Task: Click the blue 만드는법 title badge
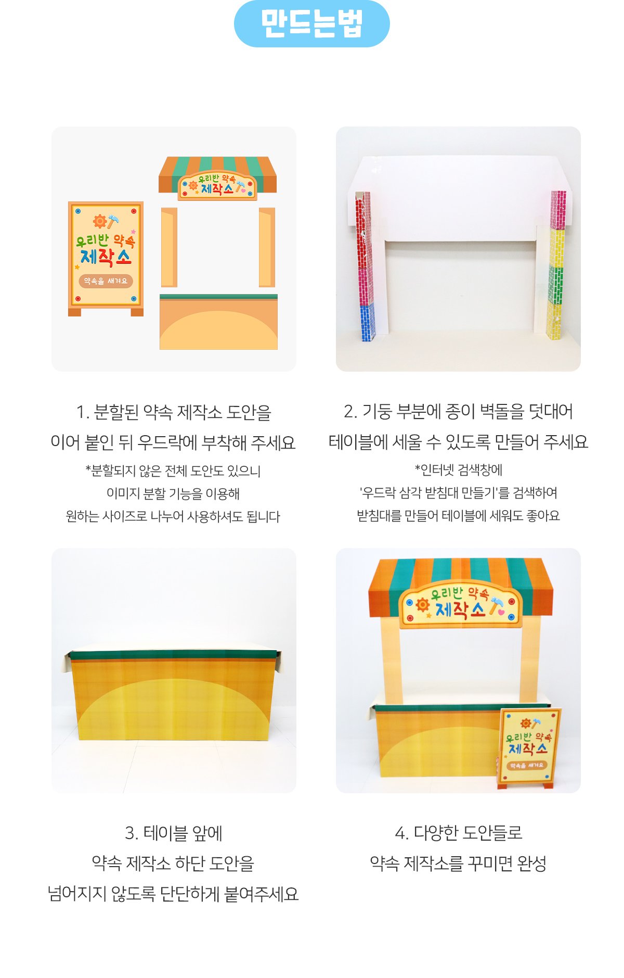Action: click(x=311, y=23)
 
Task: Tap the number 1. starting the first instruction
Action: click(x=83, y=412)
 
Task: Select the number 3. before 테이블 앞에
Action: click(x=132, y=833)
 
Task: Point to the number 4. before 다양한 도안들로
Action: click(x=401, y=833)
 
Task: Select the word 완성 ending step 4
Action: click(x=531, y=863)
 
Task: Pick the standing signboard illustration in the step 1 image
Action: click(x=106, y=259)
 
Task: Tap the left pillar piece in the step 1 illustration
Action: click(x=169, y=247)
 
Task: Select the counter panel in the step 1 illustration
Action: click(x=218, y=322)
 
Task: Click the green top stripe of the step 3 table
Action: click(x=173, y=655)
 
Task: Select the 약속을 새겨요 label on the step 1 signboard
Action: click(x=106, y=281)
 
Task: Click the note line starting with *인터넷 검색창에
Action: click(x=458, y=471)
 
